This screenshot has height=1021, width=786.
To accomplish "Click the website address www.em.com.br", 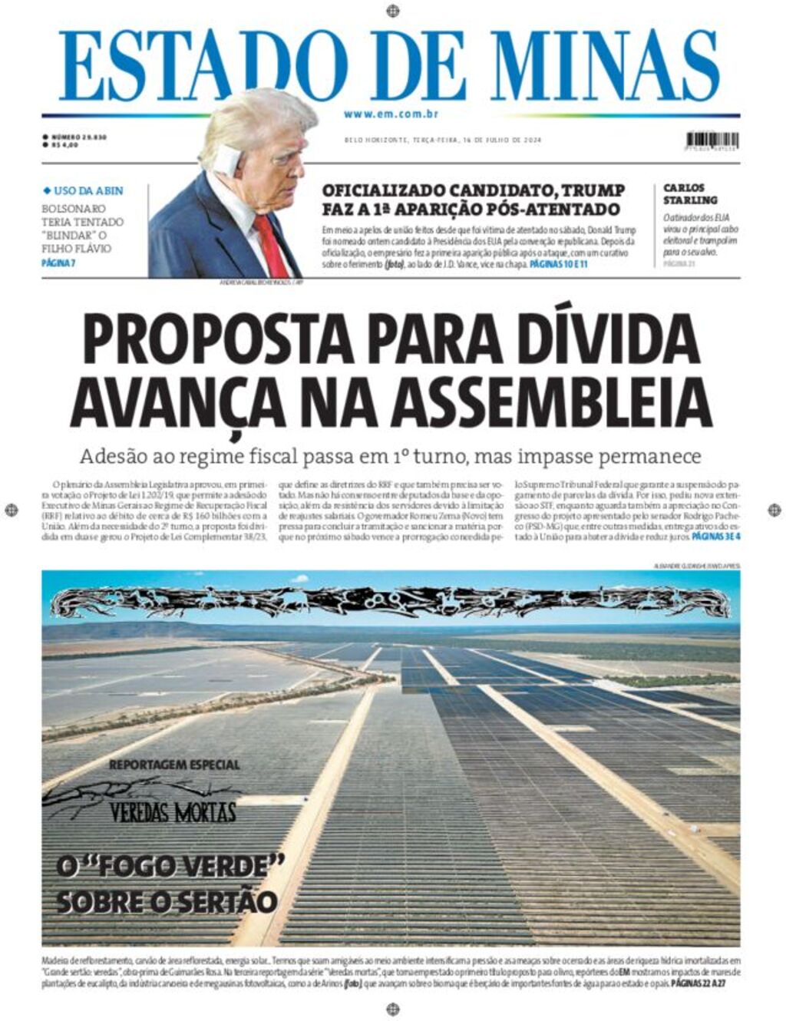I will tap(391, 114).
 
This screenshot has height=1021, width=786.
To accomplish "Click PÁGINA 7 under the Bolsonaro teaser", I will tap(58, 263).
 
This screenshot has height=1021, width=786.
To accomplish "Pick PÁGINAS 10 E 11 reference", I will tap(558, 263).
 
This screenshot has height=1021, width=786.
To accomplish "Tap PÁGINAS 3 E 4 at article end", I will tap(716, 537).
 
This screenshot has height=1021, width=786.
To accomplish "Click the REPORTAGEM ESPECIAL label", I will tap(174, 765).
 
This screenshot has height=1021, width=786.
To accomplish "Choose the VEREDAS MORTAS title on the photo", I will tap(173, 812).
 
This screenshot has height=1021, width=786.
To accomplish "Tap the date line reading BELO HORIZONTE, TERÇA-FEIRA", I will tap(399, 140).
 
